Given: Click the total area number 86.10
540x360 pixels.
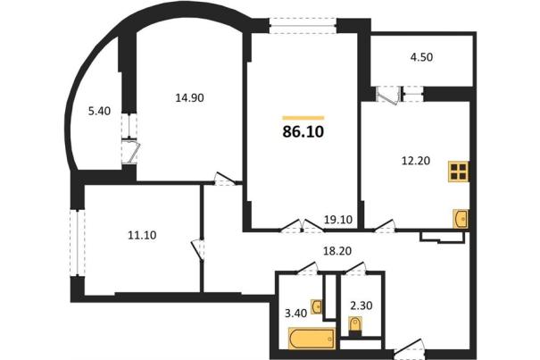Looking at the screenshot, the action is (303, 131).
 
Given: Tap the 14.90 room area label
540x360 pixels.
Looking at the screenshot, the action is (189, 98).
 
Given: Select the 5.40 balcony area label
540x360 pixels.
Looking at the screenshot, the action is (99, 111).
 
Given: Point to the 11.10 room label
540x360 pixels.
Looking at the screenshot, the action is (142, 235).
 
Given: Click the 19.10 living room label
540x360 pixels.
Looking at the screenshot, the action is (338, 220).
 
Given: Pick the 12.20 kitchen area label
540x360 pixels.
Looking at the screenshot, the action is (416, 161).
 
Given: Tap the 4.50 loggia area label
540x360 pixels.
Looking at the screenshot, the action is (421, 57).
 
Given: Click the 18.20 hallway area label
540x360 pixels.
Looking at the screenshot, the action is (337, 251).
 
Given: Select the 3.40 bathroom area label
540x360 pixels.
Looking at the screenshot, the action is (295, 314).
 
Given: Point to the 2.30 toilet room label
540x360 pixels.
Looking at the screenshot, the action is (361, 306).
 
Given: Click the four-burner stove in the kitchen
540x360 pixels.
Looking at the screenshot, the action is (459, 172).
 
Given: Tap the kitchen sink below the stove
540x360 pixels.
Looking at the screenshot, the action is (460, 218).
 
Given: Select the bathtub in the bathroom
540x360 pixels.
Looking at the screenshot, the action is (312, 339).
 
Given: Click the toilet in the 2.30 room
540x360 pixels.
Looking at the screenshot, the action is (355, 326).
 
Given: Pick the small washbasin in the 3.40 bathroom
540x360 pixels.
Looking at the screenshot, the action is (317, 306).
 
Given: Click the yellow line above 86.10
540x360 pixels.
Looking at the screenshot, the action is (303, 118).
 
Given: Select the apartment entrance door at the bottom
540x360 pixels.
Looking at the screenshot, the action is (409, 348).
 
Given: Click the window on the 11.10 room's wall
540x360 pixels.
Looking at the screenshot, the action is (77, 243).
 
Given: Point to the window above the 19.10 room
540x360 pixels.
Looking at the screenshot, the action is (303, 26).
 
